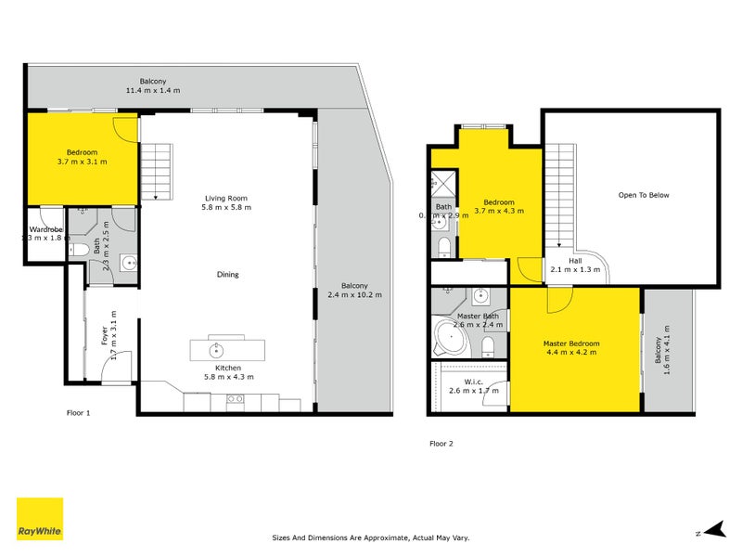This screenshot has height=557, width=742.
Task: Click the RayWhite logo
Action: [x=40, y=519]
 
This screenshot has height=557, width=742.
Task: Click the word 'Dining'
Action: [x=227, y=274]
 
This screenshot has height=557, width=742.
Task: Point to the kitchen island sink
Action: [x=217, y=350]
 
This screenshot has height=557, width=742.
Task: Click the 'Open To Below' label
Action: [x=644, y=195]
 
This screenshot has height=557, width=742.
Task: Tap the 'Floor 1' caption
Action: [x=79, y=411]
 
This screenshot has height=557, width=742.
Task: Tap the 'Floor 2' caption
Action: [x=441, y=444]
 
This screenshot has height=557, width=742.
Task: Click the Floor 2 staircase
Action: [x=559, y=195]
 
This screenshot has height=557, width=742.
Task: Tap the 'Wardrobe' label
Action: [x=45, y=229]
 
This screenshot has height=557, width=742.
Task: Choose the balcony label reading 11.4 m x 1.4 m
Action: [x=153, y=85]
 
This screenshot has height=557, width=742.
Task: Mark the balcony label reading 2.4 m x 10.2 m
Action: [x=354, y=290]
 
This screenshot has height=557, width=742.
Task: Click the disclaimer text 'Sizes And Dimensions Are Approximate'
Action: [x=371, y=537]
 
